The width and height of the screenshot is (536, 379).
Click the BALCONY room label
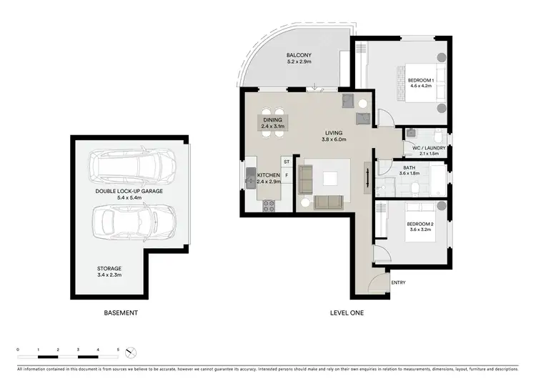[x=299, y=55]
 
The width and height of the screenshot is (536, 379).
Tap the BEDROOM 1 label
[x=420, y=81]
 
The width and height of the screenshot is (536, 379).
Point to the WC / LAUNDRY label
[x=429, y=148]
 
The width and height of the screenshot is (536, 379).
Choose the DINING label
[x=273, y=119]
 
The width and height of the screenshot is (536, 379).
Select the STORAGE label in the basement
[x=109, y=268]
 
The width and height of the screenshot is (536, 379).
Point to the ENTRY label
[x=398, y=282]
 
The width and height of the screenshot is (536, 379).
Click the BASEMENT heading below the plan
[x=120, y=313]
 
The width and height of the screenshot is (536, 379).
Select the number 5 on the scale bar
[x=117, y=349]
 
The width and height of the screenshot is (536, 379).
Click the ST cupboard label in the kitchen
[x=286, y=162]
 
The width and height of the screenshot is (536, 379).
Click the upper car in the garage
[x=132, y=167]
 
